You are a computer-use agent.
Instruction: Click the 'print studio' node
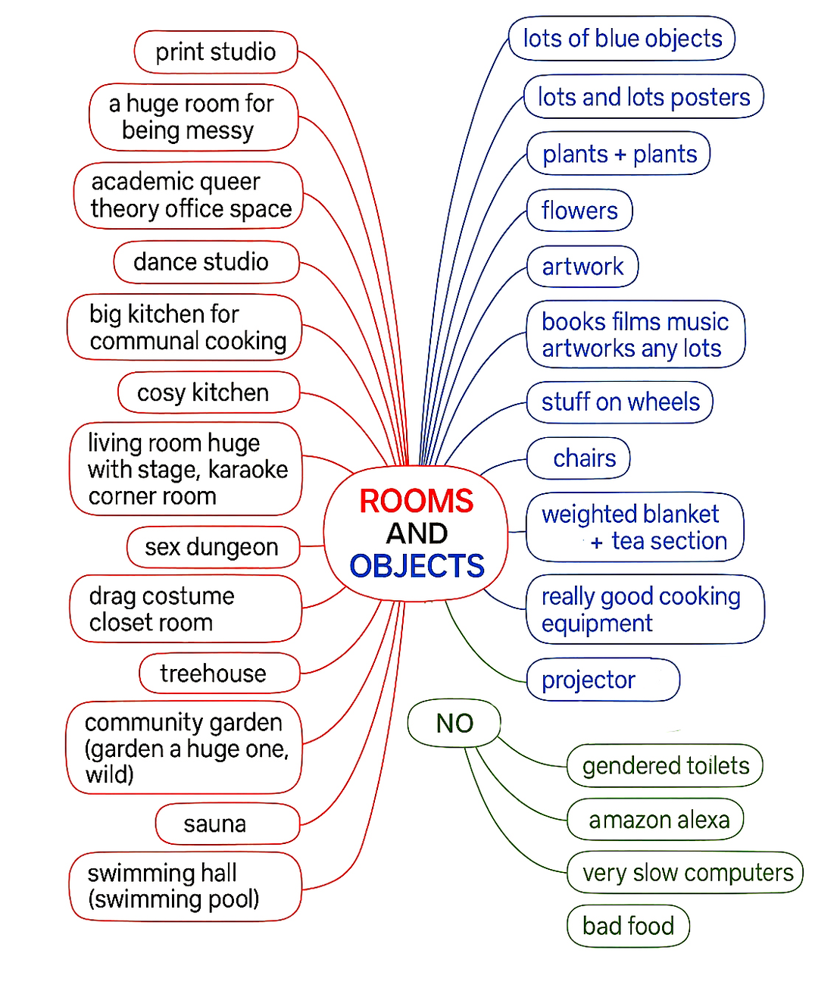coord(215,52)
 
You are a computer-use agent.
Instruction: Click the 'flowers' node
coord(579,211)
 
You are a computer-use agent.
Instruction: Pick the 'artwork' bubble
coord(582,267)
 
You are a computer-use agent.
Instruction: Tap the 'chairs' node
coord(584,458)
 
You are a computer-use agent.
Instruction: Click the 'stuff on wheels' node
coord(620,402)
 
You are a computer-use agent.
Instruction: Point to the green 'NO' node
coord(454,724)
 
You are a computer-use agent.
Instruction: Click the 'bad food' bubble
coord(628,926)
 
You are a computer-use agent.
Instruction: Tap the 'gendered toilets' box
coord(665,766)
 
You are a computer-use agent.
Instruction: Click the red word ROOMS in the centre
coord(416,501)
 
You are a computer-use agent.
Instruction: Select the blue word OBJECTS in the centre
coord(417,566)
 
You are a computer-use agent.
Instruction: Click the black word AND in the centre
coord(417,533)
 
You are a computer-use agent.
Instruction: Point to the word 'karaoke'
coord(248,470)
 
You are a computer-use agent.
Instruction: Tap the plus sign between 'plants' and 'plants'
coord(620,155)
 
